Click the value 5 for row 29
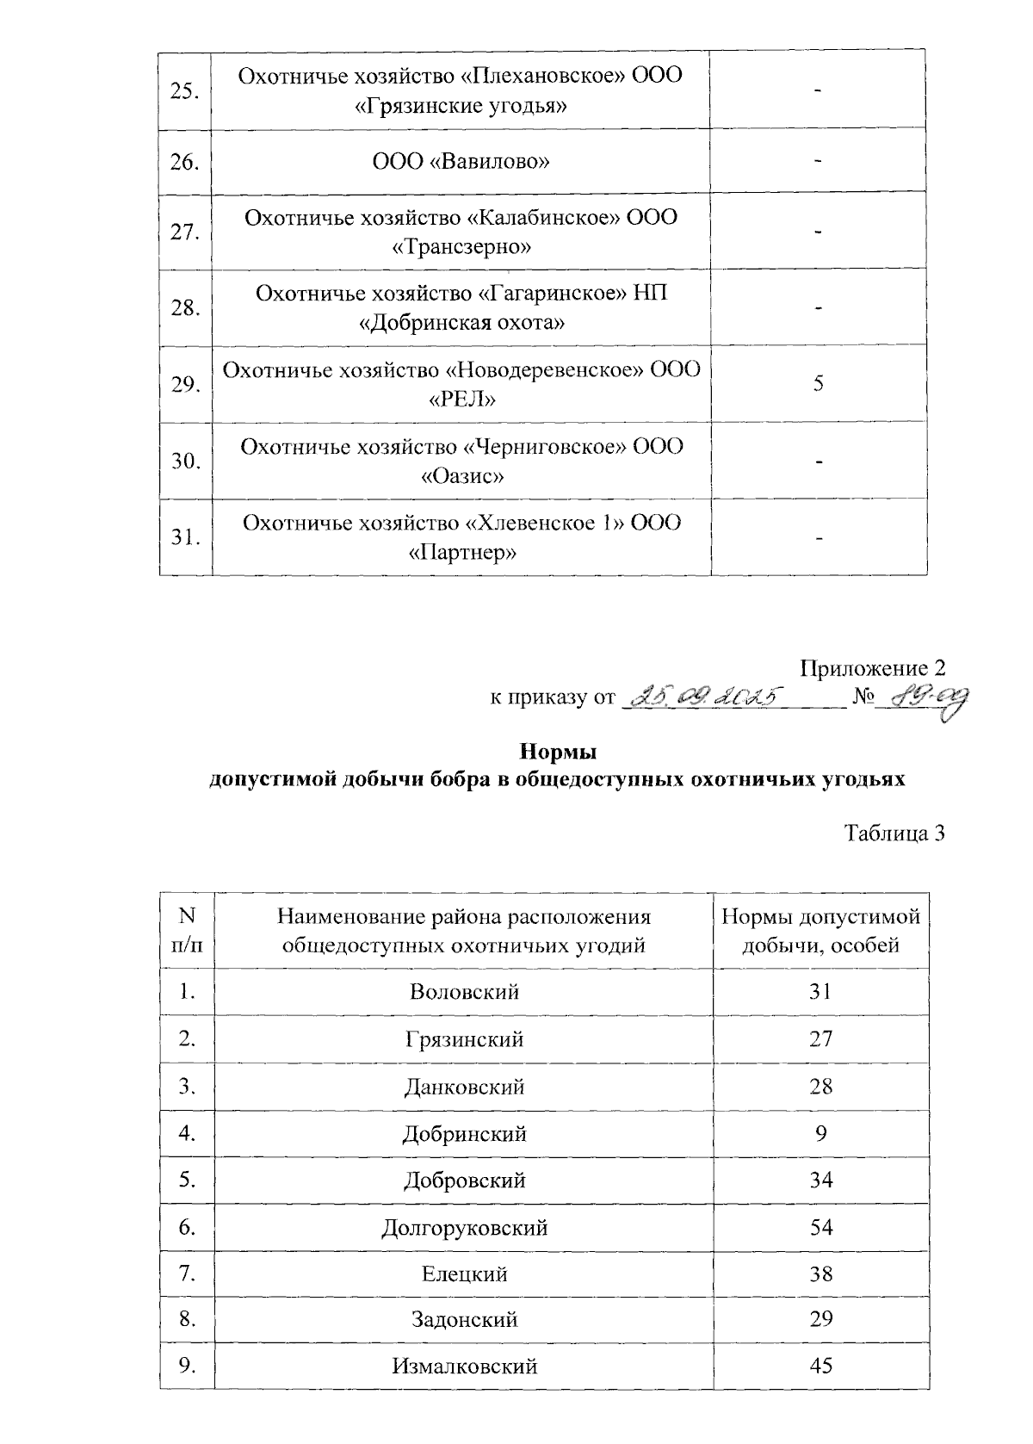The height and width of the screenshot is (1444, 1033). pos(819,383)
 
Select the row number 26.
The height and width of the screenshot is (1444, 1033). pos(185,162)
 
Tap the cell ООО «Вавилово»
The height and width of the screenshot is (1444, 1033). pos(461,162)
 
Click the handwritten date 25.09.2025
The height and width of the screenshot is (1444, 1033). pos(706,696)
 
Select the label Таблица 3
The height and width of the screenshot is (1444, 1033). pos(894,833)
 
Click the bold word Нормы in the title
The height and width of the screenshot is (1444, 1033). pos(559,752)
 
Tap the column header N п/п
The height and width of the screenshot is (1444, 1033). pos(187,930)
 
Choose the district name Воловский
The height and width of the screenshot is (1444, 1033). pos(464,992)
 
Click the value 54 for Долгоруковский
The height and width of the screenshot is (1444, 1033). pos(821,1227)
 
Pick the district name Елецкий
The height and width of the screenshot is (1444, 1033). pos(464,1274)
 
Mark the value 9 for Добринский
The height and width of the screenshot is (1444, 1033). pos(821,1133)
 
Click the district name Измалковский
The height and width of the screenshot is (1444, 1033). pos(464,1367)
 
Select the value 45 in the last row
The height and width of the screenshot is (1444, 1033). pos(821,1367)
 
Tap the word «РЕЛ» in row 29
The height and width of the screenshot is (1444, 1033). pos(461,399)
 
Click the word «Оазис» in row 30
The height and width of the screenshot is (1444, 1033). pos(461,476)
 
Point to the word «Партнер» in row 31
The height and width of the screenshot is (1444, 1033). pos(461,552)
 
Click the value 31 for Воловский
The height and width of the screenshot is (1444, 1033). pos(821,992)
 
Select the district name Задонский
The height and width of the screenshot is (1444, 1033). pos(464,1320)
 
